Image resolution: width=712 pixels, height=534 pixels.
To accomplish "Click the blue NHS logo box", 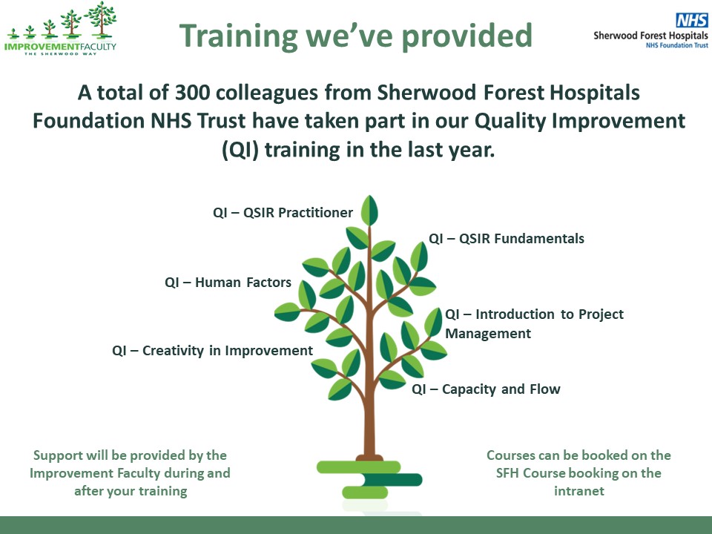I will tap(691, 21).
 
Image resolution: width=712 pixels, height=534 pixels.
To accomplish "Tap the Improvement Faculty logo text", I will tap(59, 46).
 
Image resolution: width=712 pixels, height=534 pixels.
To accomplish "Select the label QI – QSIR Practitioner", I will tap(283, 213).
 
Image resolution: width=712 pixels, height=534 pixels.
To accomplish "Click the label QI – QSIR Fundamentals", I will tap(507, 239).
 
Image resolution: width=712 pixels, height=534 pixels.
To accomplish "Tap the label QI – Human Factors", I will tap(228, 283).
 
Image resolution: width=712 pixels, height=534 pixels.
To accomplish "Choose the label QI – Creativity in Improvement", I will tap(212, 351).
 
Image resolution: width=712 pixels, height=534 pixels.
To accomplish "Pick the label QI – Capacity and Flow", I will tap(486, 389).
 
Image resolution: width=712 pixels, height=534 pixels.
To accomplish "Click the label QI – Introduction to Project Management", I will tap(534, 323).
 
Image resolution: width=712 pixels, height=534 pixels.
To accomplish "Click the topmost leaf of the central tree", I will tap(369, 211).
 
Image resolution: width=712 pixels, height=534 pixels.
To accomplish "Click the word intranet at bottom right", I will tap(578, 491).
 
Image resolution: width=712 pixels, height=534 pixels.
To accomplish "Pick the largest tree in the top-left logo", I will tap(100, 19).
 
